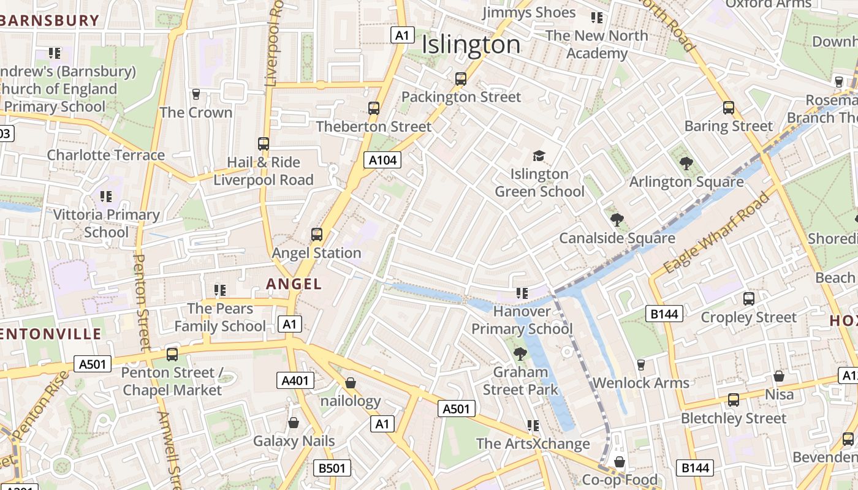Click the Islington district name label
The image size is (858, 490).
pyautogui.click(x=471, y=45)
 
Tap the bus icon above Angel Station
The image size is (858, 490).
pyautogui.click(x=317, y=234)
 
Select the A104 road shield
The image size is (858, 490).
pyautogui.click(x=383, y=160)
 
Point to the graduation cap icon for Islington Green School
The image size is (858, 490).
pyautogui.click(x=539, y=156)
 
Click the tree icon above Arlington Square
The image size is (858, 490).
pyautogui.click(x=686, y=163)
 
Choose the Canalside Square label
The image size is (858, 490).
pyautogui.click(x=617, y=238)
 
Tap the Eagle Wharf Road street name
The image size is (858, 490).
pyautogui.click(x=716, y=233)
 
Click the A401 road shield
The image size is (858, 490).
pyautogui.click(x=295, y=380)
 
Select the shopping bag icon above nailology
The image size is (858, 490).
pyautogui.click(x=351, y=383)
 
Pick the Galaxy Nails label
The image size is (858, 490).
pyautogui.click(x=294, y=441)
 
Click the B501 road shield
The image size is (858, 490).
pyautogui.click(x=332, y=469)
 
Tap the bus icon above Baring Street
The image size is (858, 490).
pyautogui.click(x=729, y=107)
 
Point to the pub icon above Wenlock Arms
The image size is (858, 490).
pyautogui.click(x=641, y=364)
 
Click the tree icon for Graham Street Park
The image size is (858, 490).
pyautogui.click(x=520, y=353)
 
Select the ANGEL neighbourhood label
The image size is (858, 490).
pyautogui.click(x=294, y=284)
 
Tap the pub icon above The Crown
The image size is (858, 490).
pyautogui.click(x=196, y=94)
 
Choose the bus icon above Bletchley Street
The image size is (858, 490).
pyautogui.click(x=734, y=400)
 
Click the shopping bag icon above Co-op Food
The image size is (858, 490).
pyautogui.click(x=620, y=461)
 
